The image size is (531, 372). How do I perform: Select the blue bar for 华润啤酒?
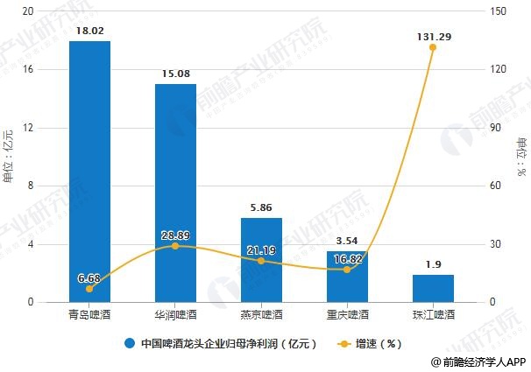(x=175, y=193)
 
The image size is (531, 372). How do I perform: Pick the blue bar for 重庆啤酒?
(x=347, y=277)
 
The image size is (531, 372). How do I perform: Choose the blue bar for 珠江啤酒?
(x=433, y=288)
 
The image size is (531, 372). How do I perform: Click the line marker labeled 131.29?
(x=433, y=47)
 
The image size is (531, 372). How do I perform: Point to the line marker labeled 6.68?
(x=89, y=289)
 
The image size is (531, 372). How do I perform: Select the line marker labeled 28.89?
(x=175, y=246)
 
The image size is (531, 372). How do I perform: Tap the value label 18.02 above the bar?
(x=89, y=31)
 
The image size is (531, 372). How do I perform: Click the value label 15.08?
(x=175, y=74)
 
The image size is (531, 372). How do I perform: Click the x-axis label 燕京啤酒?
(x=261, y=314)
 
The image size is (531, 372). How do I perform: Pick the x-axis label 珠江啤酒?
(x=433, y=314)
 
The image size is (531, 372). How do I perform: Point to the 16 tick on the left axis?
(x=28, y=70)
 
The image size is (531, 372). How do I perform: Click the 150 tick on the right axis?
(x=499, y=11)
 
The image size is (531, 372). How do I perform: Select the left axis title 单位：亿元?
(x=10, y=158)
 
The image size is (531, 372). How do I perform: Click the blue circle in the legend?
(x=129, y=343)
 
